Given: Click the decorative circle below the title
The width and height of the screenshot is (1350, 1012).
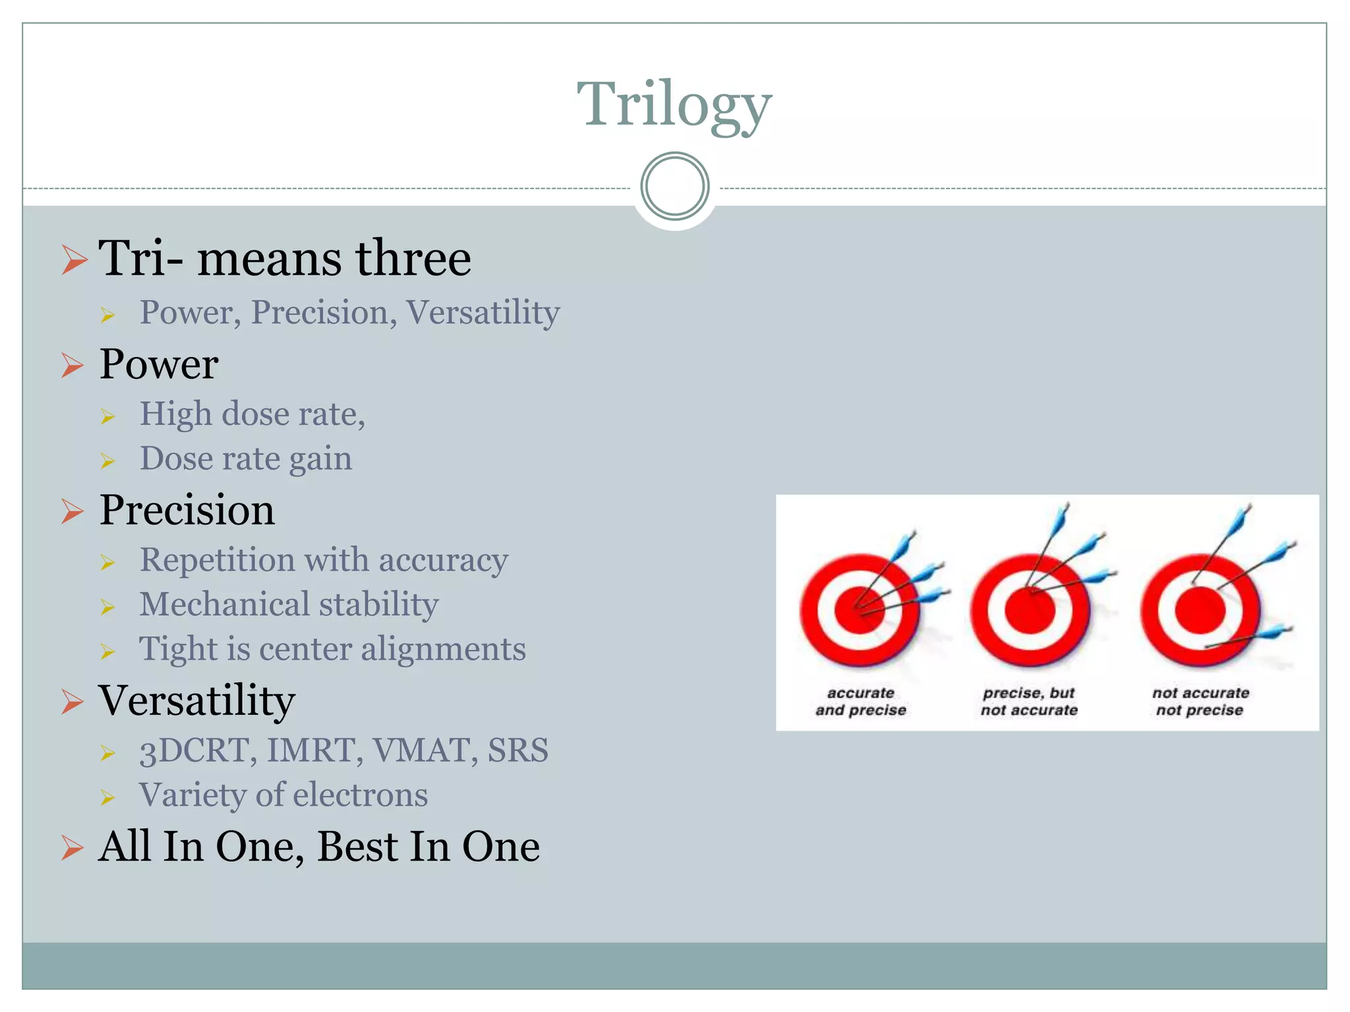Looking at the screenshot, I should click(674, 186).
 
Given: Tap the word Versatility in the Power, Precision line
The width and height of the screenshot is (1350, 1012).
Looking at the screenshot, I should click(483, 312).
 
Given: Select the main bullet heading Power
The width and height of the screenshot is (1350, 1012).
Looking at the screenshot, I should click(159, 364).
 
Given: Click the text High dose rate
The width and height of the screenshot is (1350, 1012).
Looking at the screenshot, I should click(252, 414).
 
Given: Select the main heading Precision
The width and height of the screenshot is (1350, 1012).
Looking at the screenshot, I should click(187, 510).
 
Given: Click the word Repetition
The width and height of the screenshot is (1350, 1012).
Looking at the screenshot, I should click(217, 560).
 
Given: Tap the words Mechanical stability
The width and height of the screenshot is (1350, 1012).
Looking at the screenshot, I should click(289, 604).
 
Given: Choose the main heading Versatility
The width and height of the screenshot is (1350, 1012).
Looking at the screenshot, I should click(196, 700).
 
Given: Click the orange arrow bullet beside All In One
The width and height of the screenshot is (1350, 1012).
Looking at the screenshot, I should click(73, 847).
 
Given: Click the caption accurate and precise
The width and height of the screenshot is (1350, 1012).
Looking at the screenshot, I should click(861, 702).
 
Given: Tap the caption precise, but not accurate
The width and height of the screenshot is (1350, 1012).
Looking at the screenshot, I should click(1029, 702).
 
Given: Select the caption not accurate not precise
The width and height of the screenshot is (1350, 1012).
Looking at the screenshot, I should click(1200, 702).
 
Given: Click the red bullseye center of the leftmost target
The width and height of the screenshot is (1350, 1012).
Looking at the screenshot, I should click(859, 610).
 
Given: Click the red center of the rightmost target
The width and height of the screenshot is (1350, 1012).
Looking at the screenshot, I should click(1200, 610).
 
